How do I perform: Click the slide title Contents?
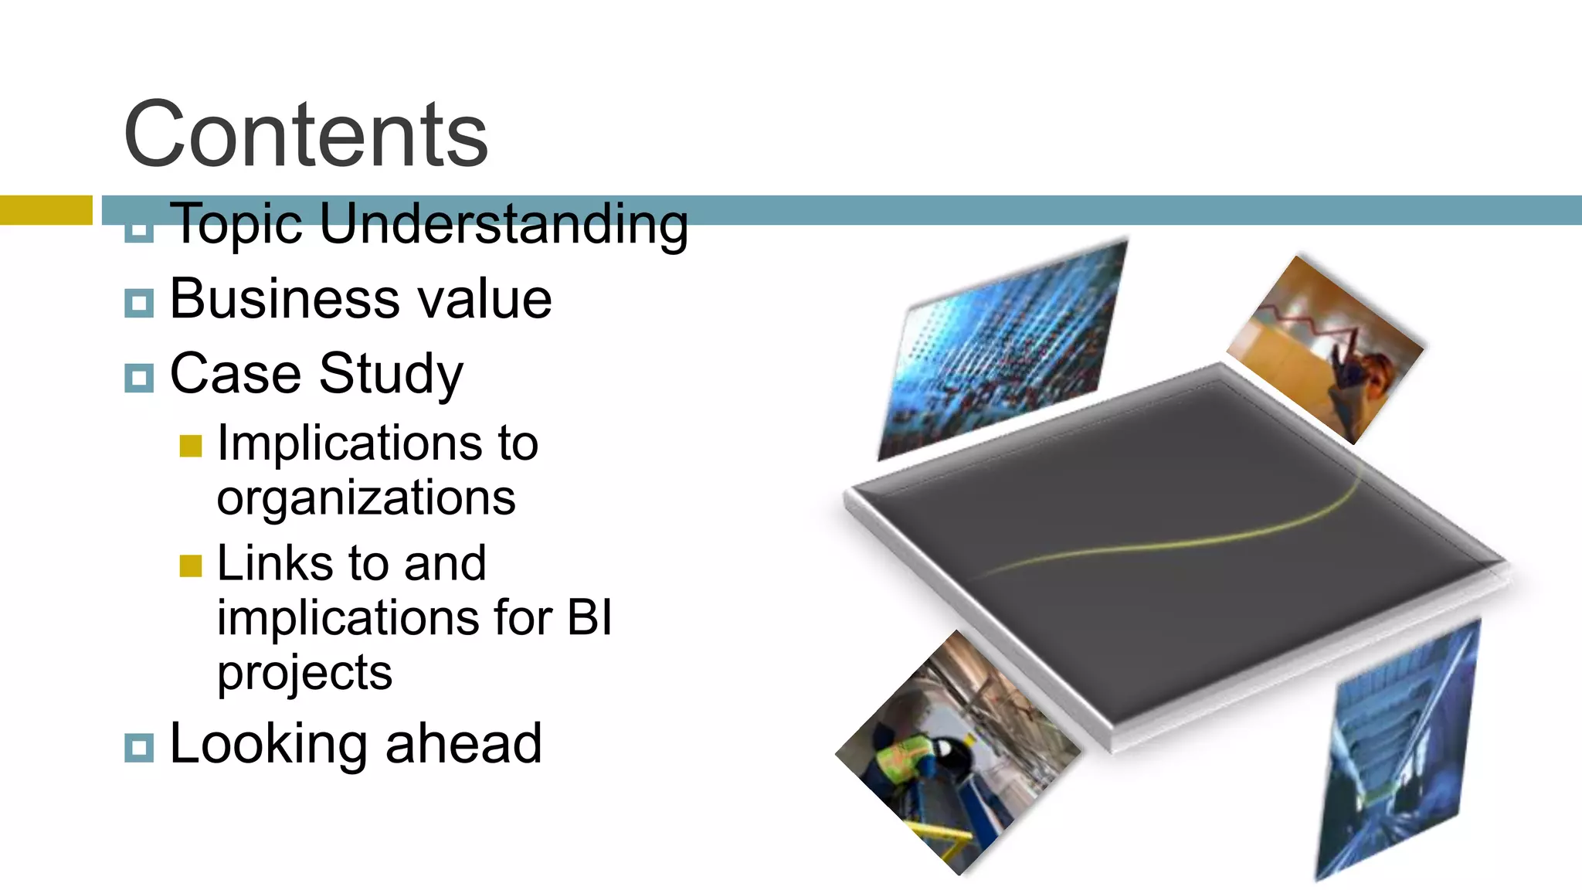click(x=306, y=135)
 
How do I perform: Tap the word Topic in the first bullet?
click(x=236, y=225)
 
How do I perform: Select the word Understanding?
click(x=503, y=225)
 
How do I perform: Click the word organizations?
click(x=366, y=498)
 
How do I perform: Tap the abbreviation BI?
click(x=589, y=618)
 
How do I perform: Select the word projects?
click(x=304, y=673)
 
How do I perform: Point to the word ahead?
click(x=463, y=744)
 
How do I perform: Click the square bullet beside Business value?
click(x=139, y=303)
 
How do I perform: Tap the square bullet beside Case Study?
click(x=139, y=378)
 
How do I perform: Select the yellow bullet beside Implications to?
click(x=190, y=446)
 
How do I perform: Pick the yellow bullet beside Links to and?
click(x=190, y=566)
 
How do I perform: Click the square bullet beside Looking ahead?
click(x=139, y=747)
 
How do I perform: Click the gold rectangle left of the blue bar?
click(x=46, y=210)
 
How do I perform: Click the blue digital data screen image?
click(x=1004, y=348)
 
